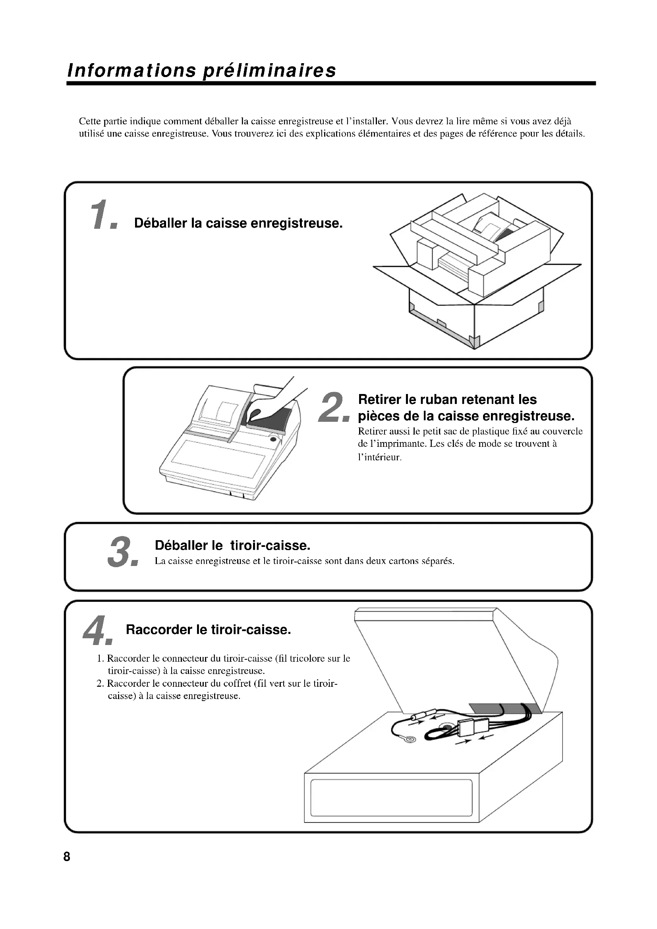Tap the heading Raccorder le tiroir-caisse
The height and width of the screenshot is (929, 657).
coord(209,630)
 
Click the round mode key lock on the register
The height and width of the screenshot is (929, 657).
coord(273,439)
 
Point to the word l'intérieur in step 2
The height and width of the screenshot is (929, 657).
coord(379,458)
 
